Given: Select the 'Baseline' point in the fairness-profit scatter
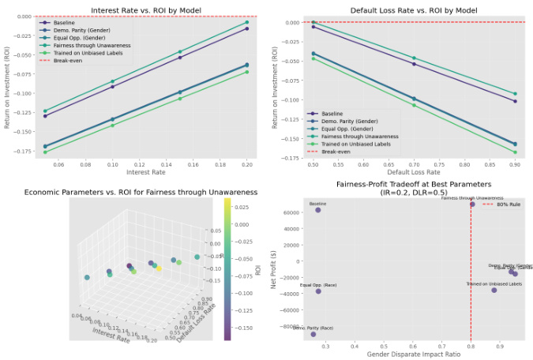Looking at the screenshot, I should [x=318, y=210].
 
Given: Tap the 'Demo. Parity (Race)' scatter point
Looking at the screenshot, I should [x=313, y=334].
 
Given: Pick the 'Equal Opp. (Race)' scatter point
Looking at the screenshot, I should [x=318, y=291].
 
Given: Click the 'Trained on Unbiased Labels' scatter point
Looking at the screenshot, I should [x=494, y=291].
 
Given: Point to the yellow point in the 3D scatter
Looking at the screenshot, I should [x=159, y=268].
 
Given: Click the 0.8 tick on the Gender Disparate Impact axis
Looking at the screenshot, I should [x=471, y=344].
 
